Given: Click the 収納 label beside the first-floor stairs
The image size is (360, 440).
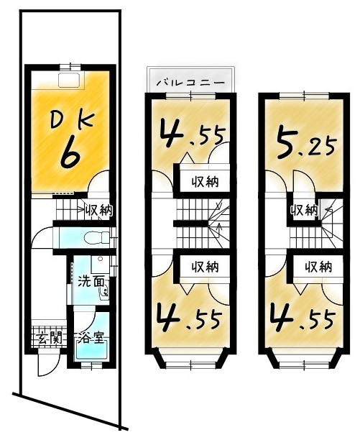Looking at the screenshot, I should pos(98,211).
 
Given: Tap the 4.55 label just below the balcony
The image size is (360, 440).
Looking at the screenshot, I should pos(190,135).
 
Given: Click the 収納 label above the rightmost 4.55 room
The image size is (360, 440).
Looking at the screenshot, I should pos(317,267).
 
